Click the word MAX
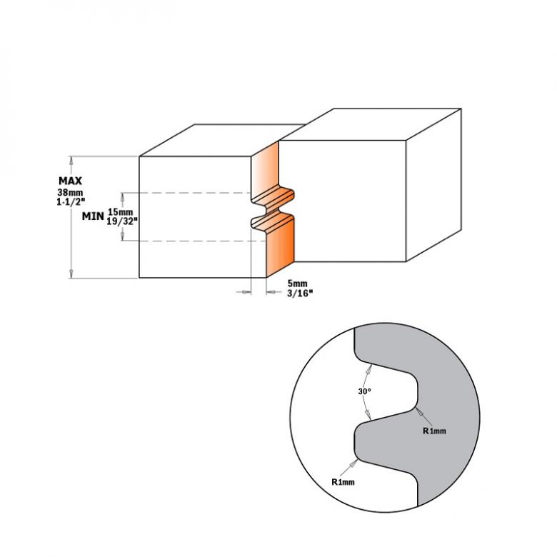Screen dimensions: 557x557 [70, 181]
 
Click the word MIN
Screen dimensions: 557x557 [93, 216]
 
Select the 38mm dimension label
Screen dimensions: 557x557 [70, 193]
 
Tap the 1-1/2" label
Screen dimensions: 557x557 [71, 201]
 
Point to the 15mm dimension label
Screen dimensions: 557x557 [121, 212]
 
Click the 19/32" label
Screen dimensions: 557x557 [122, 221]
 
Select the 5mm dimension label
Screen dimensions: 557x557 [297, 283]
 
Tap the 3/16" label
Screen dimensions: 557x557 [300, 293]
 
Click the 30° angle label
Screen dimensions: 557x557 [364, 391]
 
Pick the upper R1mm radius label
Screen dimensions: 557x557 [434, 431]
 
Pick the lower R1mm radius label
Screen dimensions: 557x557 [343, 482]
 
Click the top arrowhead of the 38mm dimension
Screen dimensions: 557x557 [71, 161]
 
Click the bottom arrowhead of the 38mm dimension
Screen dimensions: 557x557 [71, 274]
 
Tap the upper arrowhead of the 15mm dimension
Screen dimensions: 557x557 [123, 197]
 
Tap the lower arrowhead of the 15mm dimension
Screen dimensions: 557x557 [123, 236]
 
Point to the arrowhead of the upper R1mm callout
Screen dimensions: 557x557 [419, 412]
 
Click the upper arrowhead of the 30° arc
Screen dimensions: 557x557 [368, 369]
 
